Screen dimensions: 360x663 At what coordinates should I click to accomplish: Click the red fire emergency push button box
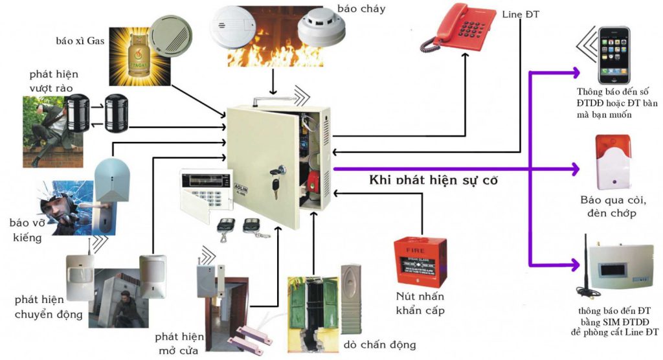[x=420, y=262]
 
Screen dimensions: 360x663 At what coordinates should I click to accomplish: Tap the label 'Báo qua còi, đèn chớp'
[x=612, y=207]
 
